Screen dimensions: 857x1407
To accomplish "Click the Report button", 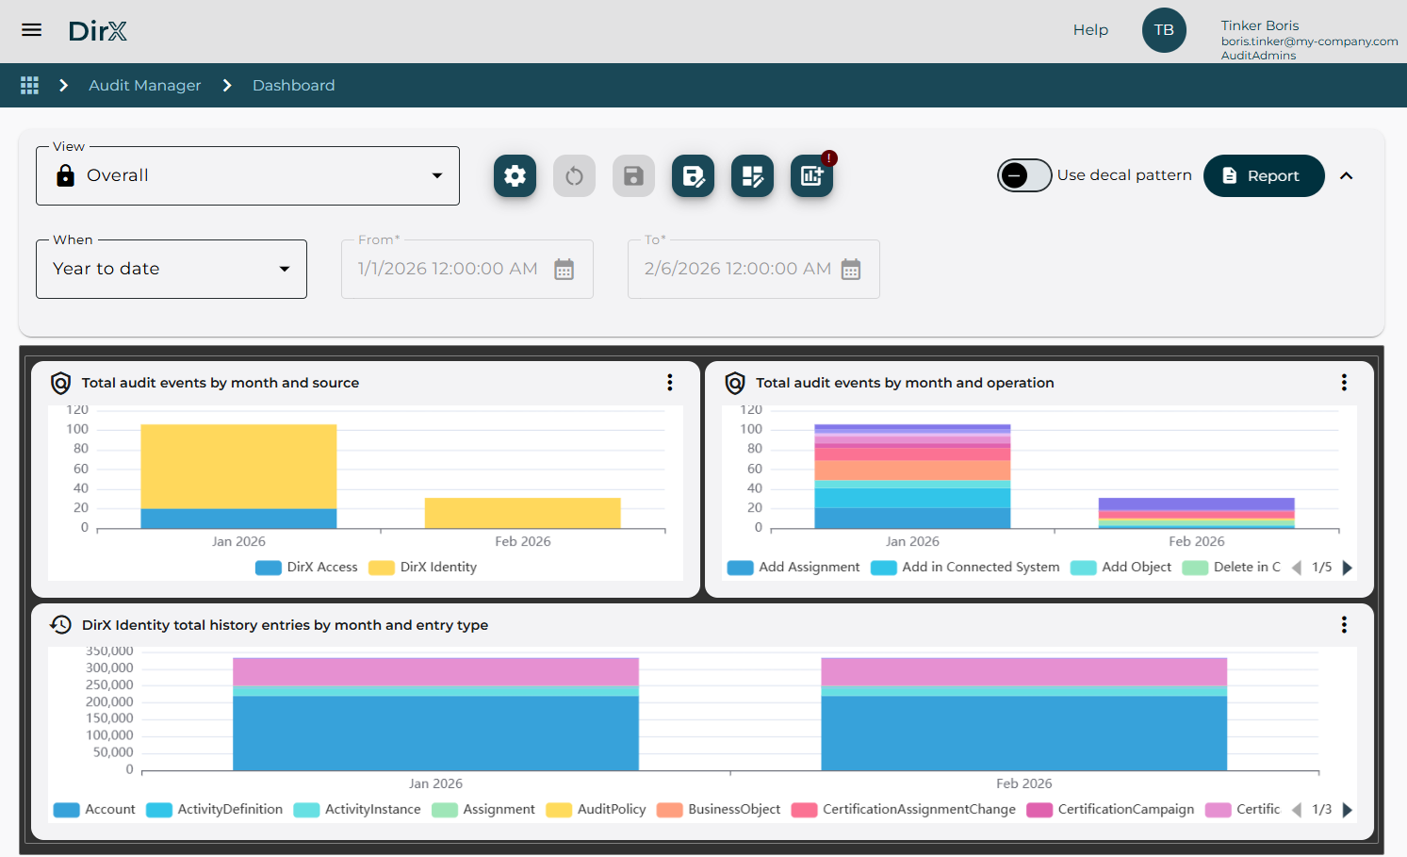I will tap(1263, 176).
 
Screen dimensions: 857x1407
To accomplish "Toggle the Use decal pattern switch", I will tap(1024, 175).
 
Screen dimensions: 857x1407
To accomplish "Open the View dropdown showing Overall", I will tap(248, 176).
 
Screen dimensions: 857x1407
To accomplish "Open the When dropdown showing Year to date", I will tap(172, 270).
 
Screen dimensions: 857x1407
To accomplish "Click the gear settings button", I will tap(515, 176).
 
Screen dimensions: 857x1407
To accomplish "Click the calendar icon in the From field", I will tap(564, 270).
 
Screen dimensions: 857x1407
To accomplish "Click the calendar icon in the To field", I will tap(851, 270).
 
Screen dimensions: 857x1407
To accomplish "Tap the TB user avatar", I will tap(1164, 30).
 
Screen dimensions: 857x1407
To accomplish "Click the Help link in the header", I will tap(1090, 30).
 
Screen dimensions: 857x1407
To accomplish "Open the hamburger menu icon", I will tap(32, 30).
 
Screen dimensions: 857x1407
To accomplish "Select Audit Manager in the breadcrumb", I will tap(145, 86).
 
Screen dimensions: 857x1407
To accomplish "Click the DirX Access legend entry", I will tap(307, 568).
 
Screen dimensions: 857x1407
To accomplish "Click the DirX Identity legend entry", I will tap(423, 568).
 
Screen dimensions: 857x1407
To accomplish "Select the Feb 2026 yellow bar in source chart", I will tap(522, 513).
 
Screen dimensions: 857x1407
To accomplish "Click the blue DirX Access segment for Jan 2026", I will tap(238, 519).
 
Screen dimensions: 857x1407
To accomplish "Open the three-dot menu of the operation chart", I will tap(1344, 383).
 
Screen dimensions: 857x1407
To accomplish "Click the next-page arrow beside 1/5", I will tap(1348, 568).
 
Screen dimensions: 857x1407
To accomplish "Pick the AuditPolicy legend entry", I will tap(597, 810).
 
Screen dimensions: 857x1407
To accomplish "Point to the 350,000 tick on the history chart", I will tap(110, 651).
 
